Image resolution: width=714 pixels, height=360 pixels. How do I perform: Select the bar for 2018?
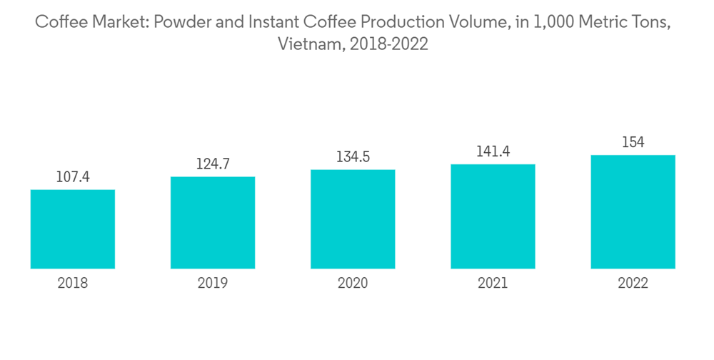point(73,229)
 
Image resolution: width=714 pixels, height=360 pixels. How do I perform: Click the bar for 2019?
point(213,222)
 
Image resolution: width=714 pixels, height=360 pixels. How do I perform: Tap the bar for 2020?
point(353,219)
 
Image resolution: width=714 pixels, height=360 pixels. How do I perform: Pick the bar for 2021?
point(493,216)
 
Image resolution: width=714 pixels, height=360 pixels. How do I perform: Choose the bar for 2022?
point(633,211)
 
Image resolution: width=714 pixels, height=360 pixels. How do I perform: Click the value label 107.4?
point(73,176)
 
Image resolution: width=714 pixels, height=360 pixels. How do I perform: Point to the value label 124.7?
point(213,164)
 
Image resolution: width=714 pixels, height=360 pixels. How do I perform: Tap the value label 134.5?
point(353,156)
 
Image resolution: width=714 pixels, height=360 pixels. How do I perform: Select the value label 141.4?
point(493,151)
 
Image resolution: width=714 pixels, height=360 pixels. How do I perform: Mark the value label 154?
point(633,142)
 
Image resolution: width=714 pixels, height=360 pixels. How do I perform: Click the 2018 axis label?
point(73,284)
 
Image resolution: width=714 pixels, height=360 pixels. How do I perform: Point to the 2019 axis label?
point(213,284)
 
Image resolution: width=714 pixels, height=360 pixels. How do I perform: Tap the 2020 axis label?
point(353,284)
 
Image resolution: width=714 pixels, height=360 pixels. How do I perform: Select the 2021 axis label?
point(493,284)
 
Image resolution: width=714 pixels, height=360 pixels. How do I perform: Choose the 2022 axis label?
point(633,284)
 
